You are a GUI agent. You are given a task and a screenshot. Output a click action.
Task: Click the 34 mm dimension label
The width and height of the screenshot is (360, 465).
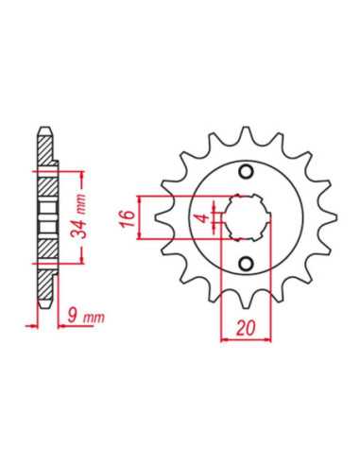coord(79,217)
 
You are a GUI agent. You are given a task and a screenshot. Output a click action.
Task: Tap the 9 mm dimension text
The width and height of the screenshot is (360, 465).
coord(86,317)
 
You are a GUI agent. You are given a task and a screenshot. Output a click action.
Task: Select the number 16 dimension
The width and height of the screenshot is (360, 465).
coord(128,218)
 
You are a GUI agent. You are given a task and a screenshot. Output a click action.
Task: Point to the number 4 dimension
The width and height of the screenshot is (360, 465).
coord(205,218)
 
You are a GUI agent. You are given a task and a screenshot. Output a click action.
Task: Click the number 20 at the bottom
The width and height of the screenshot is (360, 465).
coord(246,329)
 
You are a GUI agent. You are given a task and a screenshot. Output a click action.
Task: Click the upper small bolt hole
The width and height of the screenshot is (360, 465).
coord(246,172)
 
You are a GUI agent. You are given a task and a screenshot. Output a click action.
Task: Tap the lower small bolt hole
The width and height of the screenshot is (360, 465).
coord(246,264)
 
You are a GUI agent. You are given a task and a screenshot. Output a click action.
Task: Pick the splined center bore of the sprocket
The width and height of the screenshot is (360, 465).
coord(246,217)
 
